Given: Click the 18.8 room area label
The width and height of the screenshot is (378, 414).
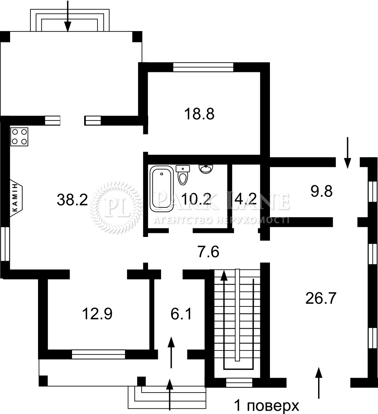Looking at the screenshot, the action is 199,114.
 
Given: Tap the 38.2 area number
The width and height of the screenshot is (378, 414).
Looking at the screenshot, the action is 72,199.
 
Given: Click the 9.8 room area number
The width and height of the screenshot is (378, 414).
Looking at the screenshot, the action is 321,191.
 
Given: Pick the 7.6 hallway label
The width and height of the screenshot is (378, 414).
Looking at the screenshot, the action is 208,251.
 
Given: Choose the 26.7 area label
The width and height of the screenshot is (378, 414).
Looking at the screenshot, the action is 321,298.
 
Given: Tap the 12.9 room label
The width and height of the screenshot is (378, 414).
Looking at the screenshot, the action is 97,314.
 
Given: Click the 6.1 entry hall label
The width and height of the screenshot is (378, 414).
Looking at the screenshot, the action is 181,314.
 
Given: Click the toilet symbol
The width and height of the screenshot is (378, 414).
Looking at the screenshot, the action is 183,175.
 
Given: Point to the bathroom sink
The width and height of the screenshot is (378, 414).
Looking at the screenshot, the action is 206,169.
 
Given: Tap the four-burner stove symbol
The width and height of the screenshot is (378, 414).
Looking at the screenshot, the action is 19,137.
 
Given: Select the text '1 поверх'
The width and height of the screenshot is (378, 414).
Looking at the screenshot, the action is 266,406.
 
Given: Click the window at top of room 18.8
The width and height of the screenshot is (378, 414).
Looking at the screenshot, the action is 203,67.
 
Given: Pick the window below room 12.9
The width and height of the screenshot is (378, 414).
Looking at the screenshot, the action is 98,354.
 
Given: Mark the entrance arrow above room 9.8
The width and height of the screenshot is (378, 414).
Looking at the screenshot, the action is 348,153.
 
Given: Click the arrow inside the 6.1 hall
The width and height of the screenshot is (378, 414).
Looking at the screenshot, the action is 171,352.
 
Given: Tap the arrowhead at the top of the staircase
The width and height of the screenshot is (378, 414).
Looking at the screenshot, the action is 224,275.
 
